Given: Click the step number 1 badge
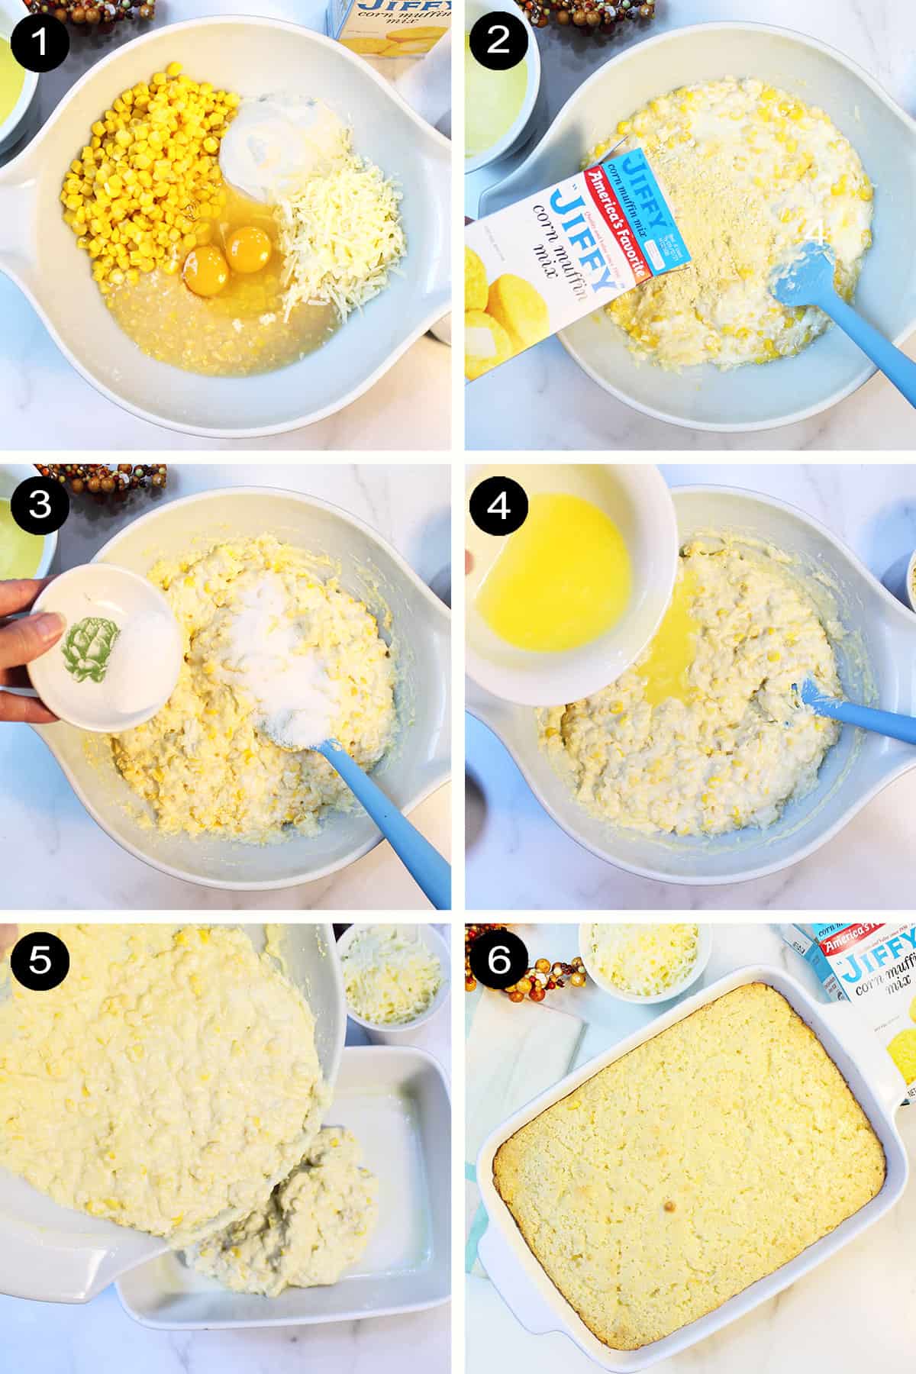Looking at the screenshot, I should click(x=40, y=40).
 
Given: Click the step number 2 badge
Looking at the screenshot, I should click(x=498, y=40).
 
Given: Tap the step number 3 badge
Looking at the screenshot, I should click(x=40, y=505).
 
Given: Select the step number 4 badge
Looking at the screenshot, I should click(x=498, y=505).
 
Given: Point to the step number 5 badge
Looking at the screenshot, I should click(x=40, y=961).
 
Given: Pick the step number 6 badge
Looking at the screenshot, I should click(x=498, y=961).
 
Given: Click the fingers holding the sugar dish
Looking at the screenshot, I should click(x=31, y=634).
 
